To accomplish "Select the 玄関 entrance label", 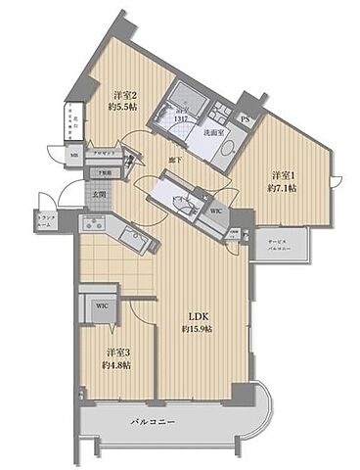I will (x=99, y=194).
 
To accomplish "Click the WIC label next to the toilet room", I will (x=218, y=211).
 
